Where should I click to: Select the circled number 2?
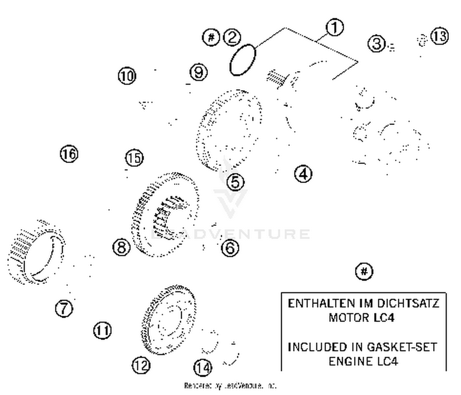tap(232, 37)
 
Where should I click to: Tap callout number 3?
tap(376, 43)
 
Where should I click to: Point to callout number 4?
tap(303, 174)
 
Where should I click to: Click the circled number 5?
tap(235, 182)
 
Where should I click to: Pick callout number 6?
tap(230, 247)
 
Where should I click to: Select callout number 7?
tap(64, 308)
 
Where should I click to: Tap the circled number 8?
tap(121, 247)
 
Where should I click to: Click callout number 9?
tap(199, 72)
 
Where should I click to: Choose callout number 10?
tap(127, 76)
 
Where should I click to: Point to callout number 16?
tap(69, 153)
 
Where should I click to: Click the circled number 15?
tap(134, 158)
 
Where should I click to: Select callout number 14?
tap(203, 367)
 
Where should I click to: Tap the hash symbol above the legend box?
tap(364, 272)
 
